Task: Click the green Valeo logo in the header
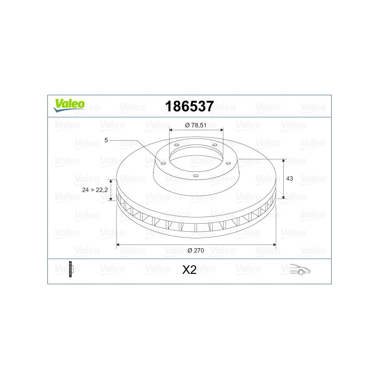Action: tap(69, 105)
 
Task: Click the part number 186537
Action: tap(189, 106)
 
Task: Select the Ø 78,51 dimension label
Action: tap(196, 125)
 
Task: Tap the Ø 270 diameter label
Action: tap(196, 251)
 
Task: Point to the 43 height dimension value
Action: tap(289, 179)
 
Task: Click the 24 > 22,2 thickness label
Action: tap(95, 190)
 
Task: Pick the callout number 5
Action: tap(106, 140)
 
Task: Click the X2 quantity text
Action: tap(189, 270)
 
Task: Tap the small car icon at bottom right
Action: tap(300, 270)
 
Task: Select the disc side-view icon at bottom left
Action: tap(71, 269)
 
